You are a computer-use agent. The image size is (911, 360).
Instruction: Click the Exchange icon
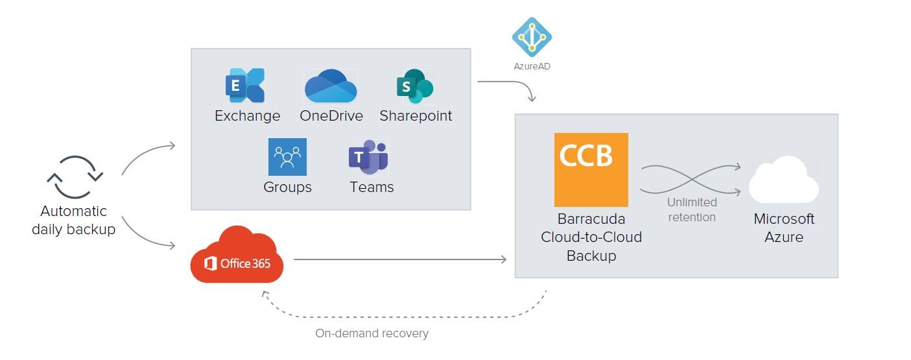[x=245, y=86]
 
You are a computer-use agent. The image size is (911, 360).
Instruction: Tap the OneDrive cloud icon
[x=331, y=86]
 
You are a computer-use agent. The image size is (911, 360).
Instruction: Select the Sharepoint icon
[x=415, y=86]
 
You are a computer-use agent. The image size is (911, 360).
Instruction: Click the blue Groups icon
[x=287, y=157]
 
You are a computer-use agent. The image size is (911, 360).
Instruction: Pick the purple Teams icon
[x=368, y=158]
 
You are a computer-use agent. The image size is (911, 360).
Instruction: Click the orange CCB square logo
[x=591, y=169]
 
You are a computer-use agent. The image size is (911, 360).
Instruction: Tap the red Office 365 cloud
[x=237, y=256]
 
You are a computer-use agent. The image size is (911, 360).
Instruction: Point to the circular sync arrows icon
[x=75, y=176]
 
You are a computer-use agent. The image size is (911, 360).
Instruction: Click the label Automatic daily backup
[x=73, y=221]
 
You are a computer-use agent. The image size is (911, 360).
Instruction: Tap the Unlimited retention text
[x=692, y=210]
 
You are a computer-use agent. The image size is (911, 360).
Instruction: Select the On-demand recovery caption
[x=372, y=333]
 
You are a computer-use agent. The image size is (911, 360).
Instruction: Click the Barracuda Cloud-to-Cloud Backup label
[x=591, y=237]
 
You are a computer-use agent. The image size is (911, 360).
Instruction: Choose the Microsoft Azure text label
[x=783, y=228]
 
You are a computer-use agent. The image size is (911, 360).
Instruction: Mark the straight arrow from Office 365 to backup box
[x=399, y=259]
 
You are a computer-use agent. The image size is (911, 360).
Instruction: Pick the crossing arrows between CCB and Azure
[x=691, y=178]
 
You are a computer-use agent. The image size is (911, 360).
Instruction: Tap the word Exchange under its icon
[x=247, y=116]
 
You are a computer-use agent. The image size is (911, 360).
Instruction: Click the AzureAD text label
[x=531, y=66]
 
